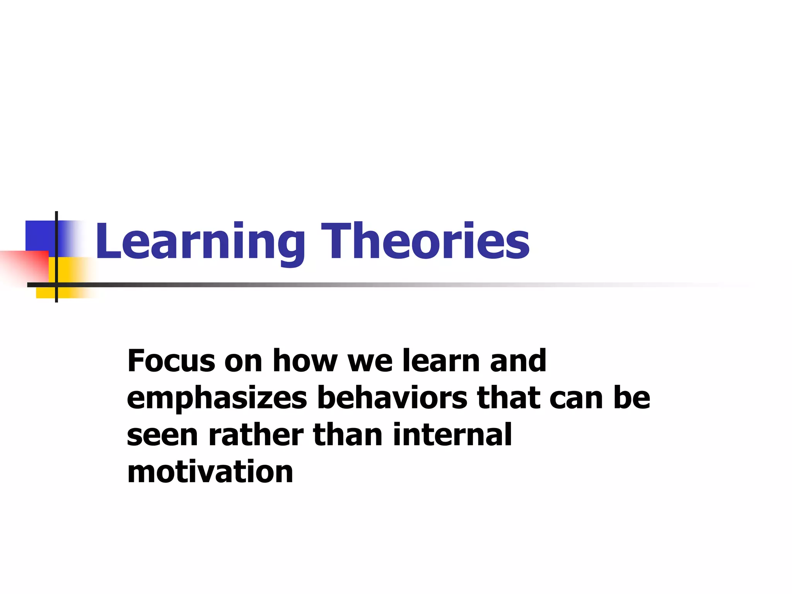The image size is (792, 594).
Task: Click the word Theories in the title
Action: [425, 242]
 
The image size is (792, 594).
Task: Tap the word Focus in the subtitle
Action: [171, 361]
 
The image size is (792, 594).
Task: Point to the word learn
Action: [441, 361]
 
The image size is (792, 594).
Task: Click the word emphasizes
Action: [217, 398]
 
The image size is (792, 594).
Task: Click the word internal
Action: [452, 435]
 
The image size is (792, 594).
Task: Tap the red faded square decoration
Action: [23, 267]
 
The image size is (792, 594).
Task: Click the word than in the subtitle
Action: [348, 435]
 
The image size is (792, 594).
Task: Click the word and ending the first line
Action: [518, 361]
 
